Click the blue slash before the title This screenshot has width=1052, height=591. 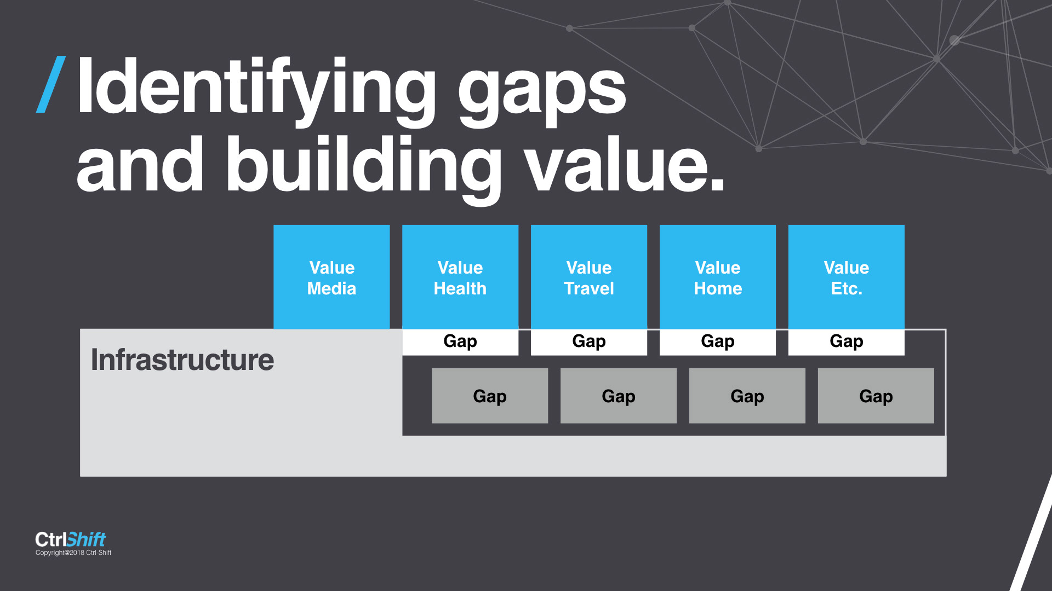pos(51,84)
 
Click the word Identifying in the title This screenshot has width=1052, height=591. pos(256,91)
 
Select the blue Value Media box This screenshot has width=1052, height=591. pos(331,277)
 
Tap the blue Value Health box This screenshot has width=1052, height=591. pos(460,277)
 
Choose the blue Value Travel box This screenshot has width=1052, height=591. pos(589,277)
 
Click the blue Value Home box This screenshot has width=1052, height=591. pos(718,277)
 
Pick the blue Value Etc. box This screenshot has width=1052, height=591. pos(847,277)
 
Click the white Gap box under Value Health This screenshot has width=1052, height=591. pos(460,342)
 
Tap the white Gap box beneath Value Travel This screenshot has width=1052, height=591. pos(589,342)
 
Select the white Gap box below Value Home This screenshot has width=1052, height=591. pos(718,342)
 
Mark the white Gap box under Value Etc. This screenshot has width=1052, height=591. pos(847,342)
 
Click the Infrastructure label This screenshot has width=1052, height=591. pos(182,360)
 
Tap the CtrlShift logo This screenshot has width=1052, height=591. pos(70,539)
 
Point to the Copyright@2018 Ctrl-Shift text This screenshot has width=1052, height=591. pos(73,553)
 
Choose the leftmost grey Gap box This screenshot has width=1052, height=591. pos(490,396)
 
